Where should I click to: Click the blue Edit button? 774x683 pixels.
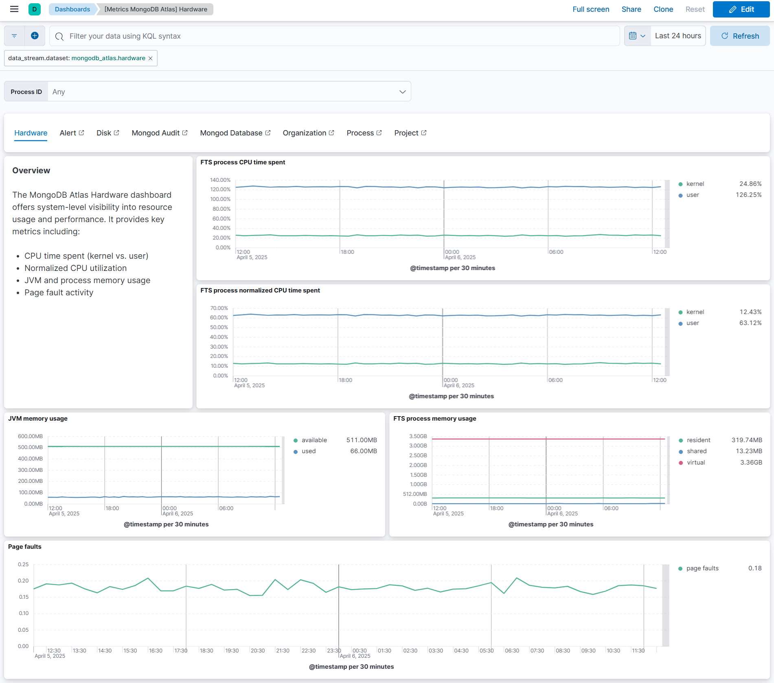(741, 9)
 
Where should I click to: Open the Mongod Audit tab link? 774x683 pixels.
(159, 133)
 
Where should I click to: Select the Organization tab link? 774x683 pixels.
(308, 133)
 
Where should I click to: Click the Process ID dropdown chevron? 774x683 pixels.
(402, 92)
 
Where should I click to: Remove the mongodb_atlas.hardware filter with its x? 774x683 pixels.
(151, 59)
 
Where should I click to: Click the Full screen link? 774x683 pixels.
(590, 9)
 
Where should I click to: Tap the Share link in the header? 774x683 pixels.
(631, 9)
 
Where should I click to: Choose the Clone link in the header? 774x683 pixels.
(663, 9)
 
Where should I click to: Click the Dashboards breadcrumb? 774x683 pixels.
(72, 9)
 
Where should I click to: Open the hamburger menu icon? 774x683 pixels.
(14, 9)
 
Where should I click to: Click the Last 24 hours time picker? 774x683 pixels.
(678, 36)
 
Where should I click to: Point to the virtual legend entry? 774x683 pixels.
(695, 463)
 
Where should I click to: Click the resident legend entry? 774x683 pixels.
(698, 440)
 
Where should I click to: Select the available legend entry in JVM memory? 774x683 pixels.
(314, 440)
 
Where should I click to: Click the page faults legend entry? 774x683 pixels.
(702, 568)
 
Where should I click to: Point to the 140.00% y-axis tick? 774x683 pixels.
(220, 180)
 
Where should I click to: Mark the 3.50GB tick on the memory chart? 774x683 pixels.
(418, 436)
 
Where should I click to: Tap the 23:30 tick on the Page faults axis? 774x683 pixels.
(334, 650)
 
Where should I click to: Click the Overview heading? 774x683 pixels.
(31, 170)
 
